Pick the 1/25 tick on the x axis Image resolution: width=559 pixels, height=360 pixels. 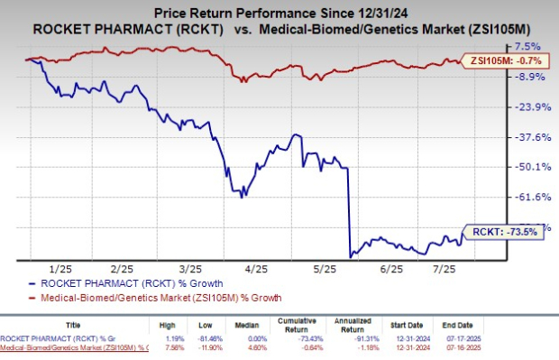coord(60,269)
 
